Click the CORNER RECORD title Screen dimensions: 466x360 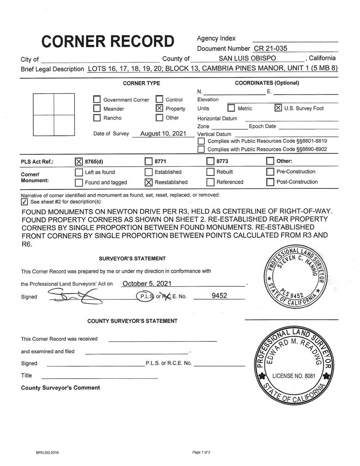[x=108, y=41]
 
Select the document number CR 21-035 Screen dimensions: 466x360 [x=271, y=48]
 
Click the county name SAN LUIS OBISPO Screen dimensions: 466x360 [x=247, y=59]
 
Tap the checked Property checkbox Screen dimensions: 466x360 [x=159, y=109]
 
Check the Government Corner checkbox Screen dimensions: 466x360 [x=97, y=100]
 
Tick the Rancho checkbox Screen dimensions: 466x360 [x=97, y=118]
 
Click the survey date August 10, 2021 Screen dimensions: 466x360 [x=163, y=133]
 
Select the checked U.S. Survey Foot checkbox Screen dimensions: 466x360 [x=278, y=108]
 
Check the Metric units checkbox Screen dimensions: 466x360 [x=231, y=109]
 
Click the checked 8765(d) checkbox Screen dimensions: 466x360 [x=79, y=162]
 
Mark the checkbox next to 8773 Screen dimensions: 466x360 [x=210, y=162]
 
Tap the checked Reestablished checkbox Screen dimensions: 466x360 [x=148, y=182]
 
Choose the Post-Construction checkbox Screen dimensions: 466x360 [x=270, y=182]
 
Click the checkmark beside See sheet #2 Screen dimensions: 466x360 [x=24, y=202]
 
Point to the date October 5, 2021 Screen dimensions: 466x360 [x=146, y=284]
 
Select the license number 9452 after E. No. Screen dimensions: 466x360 [x=219, y=296]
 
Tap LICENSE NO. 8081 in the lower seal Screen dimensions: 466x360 [x=294, y=376]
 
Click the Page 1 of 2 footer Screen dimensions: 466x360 [x=201, y=452]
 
